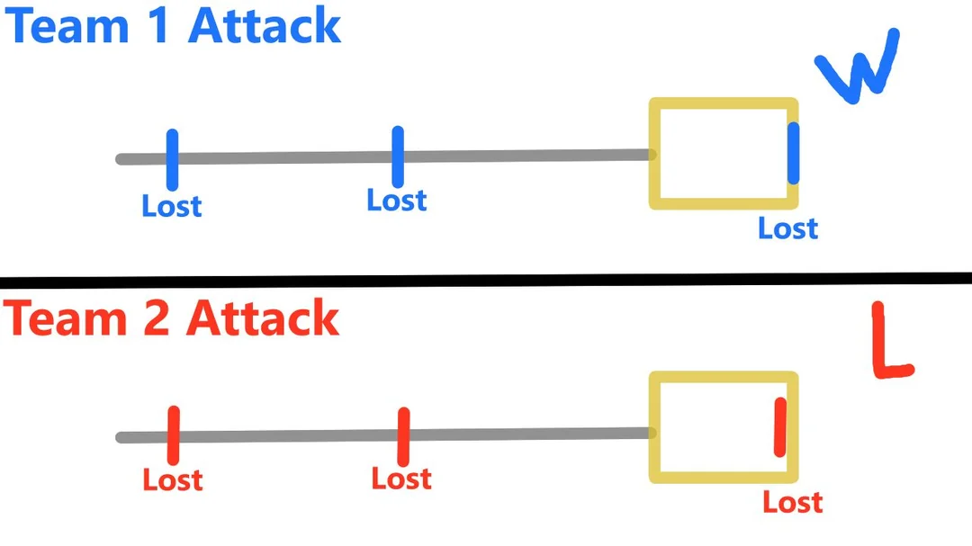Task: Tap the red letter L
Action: (891, 342)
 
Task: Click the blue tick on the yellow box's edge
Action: (793, 153)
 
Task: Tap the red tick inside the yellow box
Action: (779, 426)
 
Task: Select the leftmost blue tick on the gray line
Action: (172, 159)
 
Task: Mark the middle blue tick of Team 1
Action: (398, 157)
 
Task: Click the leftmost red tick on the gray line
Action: (173, 435)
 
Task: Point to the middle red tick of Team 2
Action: (403, 436)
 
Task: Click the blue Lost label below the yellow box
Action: (787, 228)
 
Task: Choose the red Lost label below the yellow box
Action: (792, 502)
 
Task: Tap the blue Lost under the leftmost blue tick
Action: (172, 206)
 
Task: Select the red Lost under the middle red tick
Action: (401, 479)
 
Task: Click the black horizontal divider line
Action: (486, 280)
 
